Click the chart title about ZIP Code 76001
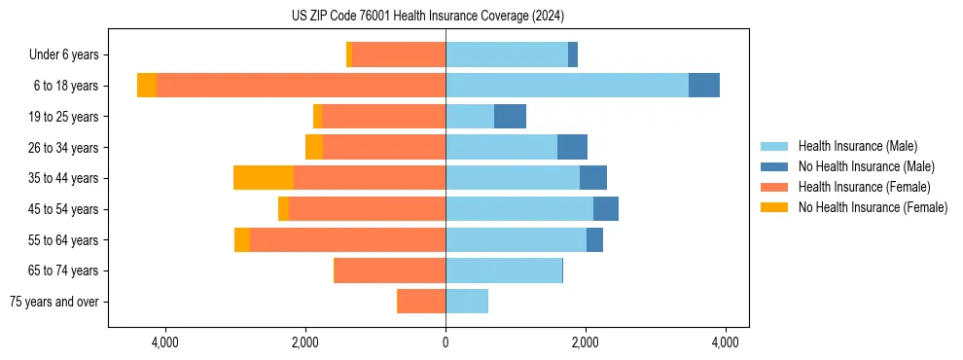click(x=428, y=17)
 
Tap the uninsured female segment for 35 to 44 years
click(x=264, y=178)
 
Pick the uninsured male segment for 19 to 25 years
click(x=510, y=117)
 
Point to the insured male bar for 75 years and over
click(x=467, y=302)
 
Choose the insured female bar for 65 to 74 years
click(x=390, y=270)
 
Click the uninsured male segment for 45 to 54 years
click(x=606, y=209)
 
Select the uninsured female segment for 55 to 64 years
click(x=242, y=240)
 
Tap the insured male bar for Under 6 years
click(x=507, y=54)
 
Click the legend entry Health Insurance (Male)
click(x=857, y=146)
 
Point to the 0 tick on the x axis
click(x=446, y=342)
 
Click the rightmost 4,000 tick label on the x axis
click(x=725, y=342)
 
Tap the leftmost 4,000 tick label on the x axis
click(x=164, y=342)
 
